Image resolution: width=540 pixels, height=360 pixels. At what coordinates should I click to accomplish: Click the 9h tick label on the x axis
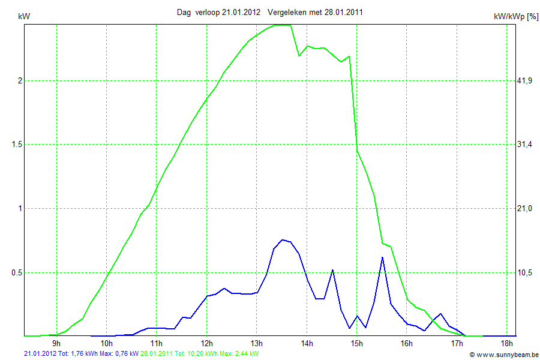coord(56,344)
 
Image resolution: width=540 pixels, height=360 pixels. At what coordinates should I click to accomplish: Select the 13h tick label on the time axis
coord(257,344)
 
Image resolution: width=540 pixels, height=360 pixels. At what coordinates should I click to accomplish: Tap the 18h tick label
coord(507,344)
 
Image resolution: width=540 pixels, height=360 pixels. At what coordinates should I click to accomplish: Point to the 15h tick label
coord(357,344)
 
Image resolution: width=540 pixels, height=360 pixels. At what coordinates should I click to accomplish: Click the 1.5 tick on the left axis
coord(14,145)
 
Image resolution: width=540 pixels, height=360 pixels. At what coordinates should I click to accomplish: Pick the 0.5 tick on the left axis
coord(14,272)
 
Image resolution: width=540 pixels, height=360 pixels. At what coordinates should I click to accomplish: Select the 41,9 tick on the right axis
coord(525,81)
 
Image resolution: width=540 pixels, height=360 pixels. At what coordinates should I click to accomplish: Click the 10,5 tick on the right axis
coord(525,272)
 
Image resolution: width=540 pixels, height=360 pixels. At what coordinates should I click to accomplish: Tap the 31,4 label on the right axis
coord(525,145)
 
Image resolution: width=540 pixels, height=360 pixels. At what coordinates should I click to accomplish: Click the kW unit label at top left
coord(25,17)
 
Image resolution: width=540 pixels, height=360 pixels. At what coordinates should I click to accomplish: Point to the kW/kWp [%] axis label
coord(515,17)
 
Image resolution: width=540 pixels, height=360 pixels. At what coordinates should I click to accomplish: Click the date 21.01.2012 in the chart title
coord(241,12)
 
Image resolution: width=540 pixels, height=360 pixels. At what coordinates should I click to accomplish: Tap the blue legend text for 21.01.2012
coord(81,354)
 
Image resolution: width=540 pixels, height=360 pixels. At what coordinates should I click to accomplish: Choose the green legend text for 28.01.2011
coord(199,354)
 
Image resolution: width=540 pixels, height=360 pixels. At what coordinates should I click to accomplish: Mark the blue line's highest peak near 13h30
coord(282,239)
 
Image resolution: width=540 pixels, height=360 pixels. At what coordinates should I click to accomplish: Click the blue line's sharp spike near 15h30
coord(382,257)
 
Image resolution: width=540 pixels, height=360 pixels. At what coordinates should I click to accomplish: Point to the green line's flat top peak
coord(282,25)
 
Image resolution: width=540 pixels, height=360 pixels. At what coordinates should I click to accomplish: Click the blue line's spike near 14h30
coord(332,271)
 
